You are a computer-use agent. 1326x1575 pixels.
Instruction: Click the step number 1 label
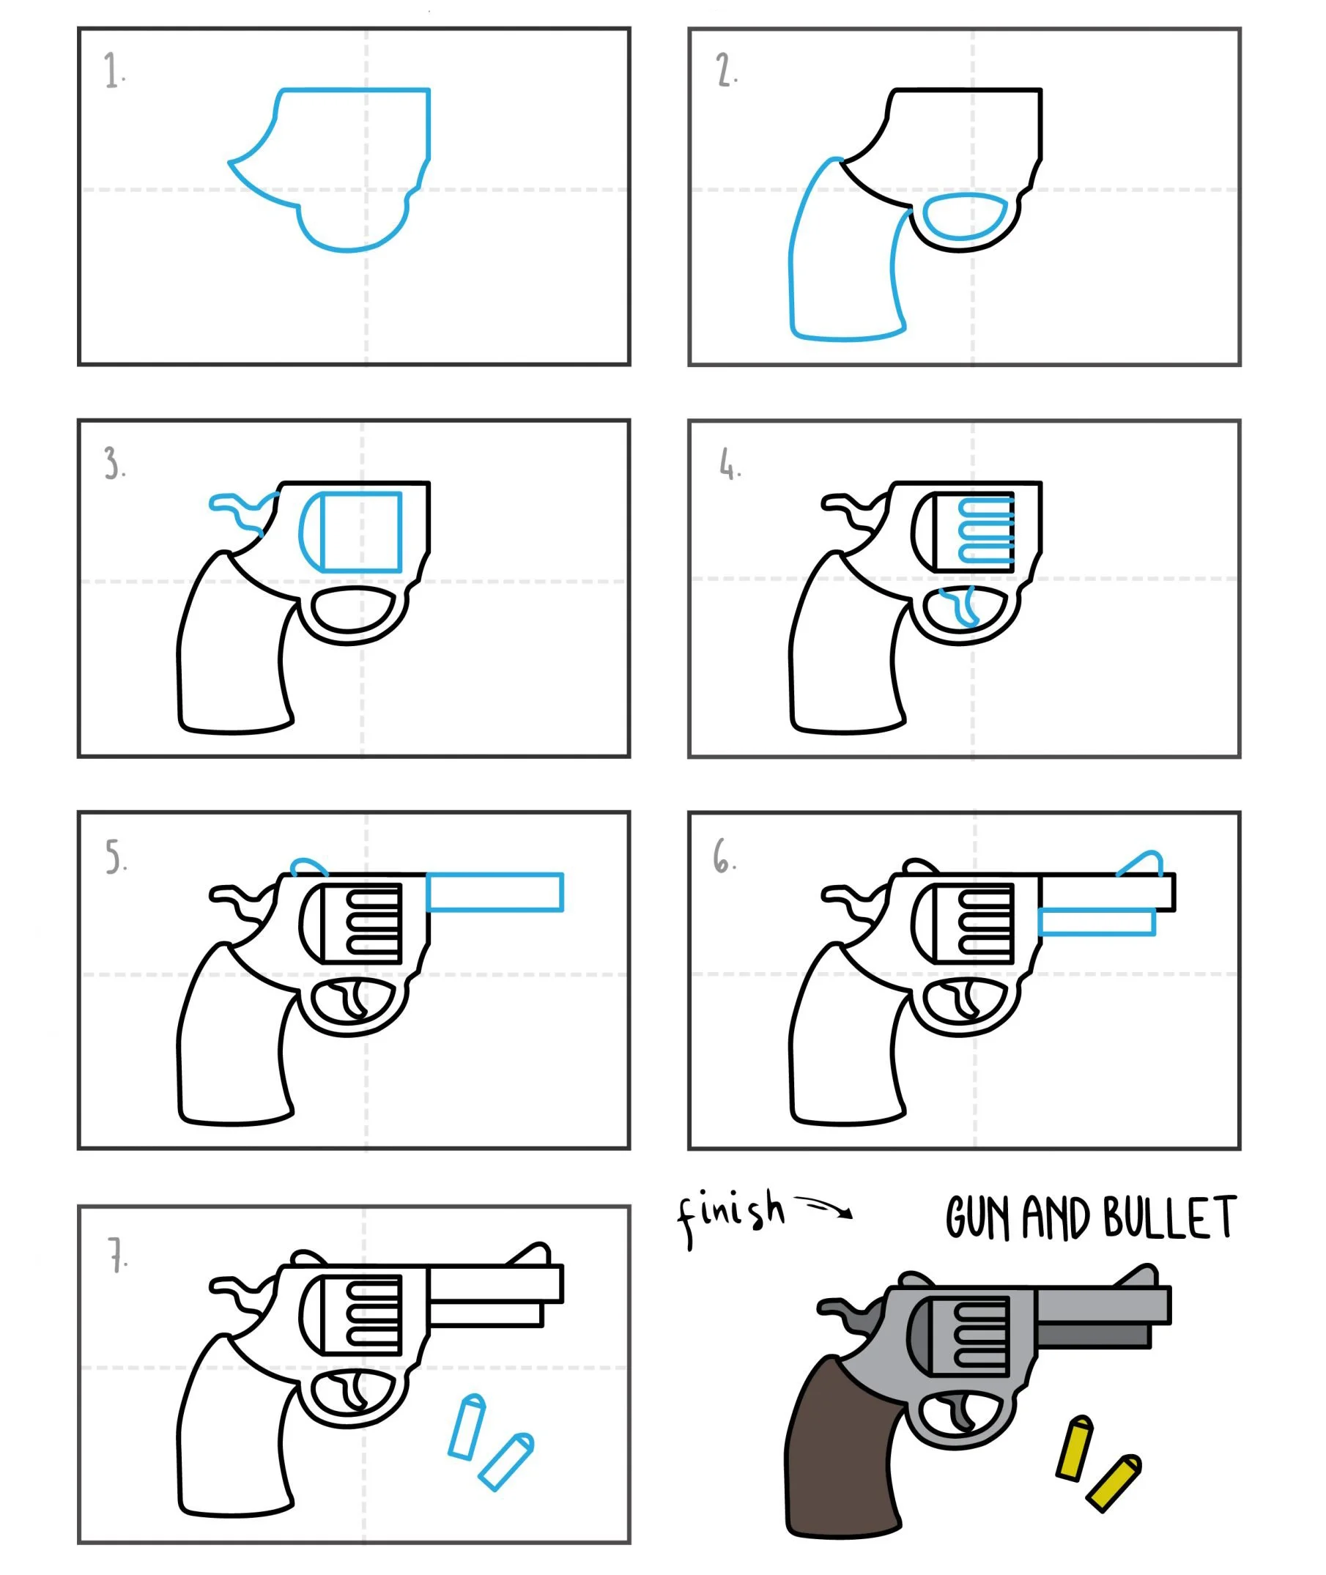pos(114,70)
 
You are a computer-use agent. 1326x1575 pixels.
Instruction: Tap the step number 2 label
pos(726,70)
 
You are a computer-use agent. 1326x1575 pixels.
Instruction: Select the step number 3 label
pos(114,463)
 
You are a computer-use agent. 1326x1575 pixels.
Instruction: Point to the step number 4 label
pos(729,463)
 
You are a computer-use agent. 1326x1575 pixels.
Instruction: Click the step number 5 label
pos(116,856)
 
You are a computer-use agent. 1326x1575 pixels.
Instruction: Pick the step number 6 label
pos(725,856)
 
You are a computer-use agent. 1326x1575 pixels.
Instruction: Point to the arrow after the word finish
pos(826,1207)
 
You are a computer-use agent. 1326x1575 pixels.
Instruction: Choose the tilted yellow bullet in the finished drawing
pos(1114,1483)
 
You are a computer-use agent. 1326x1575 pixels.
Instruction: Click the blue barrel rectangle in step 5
pos(495,892)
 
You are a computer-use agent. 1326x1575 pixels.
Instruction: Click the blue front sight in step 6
pos(1141,863)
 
